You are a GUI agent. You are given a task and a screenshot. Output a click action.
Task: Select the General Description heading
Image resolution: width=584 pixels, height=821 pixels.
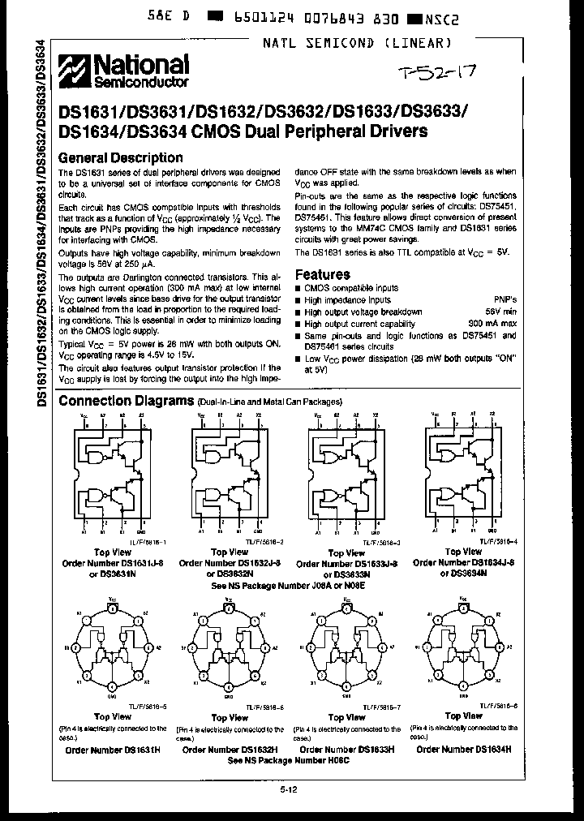coord(122,157)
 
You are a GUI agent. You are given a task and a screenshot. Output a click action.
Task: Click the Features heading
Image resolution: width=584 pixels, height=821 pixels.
coord(322,274)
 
